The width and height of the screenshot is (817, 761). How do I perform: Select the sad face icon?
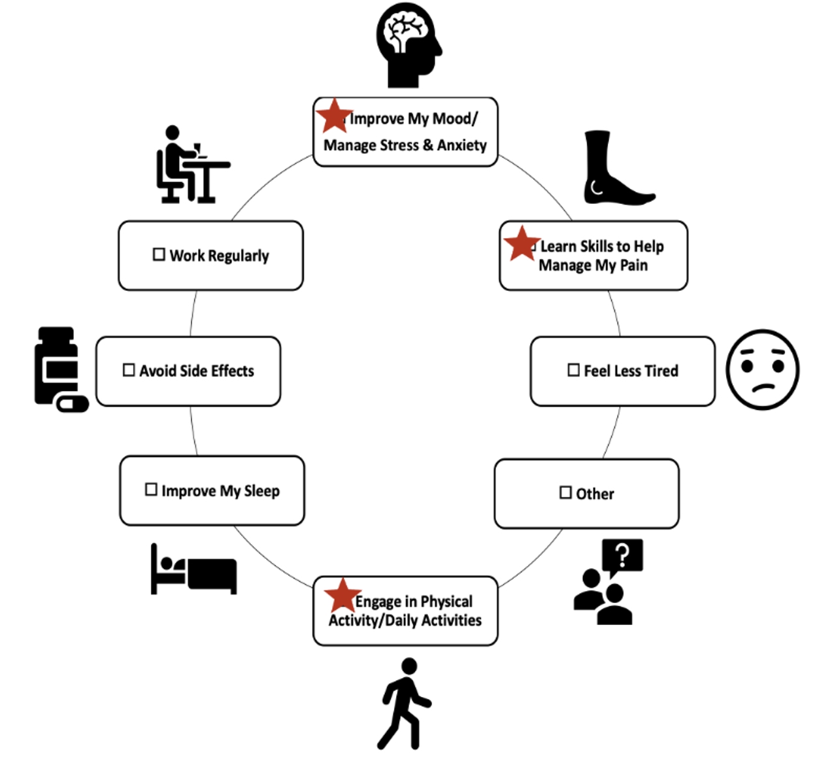pyautogui.click(x=762, y=369)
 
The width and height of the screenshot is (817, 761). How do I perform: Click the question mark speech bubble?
pyautogui.click(x=622, y=556)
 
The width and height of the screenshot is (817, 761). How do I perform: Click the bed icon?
pyautogui.click(x=193, y=570)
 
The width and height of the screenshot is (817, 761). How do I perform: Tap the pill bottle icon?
pyautogui.click(x=59, y=369)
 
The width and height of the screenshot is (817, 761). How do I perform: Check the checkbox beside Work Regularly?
pyautogui.click(x=159, y=254)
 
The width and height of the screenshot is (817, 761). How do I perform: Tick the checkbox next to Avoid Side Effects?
pyautogui.click(x=129, y=370)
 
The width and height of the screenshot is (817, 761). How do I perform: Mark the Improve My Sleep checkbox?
pyautogui.click(x=151, y=490)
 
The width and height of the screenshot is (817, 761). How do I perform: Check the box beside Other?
pyautogui.click(x=565, y=492)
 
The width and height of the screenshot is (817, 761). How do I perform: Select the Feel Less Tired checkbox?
pyautogui.click(x=573, y=370)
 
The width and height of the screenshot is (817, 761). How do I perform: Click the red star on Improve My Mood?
pyautogui.click(x=333, y=116)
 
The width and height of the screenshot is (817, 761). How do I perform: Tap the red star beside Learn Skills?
pyautogui.click(x=521, y=244)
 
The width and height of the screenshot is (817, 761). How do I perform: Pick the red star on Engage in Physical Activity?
pyautogui.click(x=341, y=596)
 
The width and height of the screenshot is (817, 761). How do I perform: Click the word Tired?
pyautogui.click(x=661, y=371)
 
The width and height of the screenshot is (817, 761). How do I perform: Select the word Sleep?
pyautogui.click(x=261, y=491)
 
